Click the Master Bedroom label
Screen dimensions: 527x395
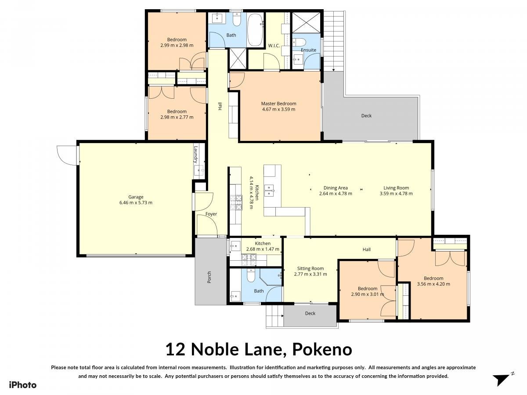click(278, 104)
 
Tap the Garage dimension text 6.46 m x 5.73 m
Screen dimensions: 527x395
click(136, 203)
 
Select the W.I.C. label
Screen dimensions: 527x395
click(274, 46)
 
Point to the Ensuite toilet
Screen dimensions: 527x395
click(299, 42)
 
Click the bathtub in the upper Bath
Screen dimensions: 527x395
click(255, 30)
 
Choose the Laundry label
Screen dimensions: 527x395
click(196, 154)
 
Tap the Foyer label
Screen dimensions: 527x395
click(211, 214)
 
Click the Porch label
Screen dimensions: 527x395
click(209, 277)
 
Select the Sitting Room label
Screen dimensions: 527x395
click(310, 268)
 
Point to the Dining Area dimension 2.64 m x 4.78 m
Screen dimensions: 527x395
click(336, 194)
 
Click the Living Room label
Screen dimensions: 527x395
click(396, 188)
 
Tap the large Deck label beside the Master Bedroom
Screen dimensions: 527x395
click(366, 115)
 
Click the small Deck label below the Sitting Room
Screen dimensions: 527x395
click(310, 313)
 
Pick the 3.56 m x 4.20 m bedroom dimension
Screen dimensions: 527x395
click(433, 284)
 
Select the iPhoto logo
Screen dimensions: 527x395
click(23, 385)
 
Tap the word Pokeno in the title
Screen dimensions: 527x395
click(322, 349)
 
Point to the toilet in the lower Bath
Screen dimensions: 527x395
click(251, 275)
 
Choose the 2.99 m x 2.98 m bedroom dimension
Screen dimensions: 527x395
click(177, 45)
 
